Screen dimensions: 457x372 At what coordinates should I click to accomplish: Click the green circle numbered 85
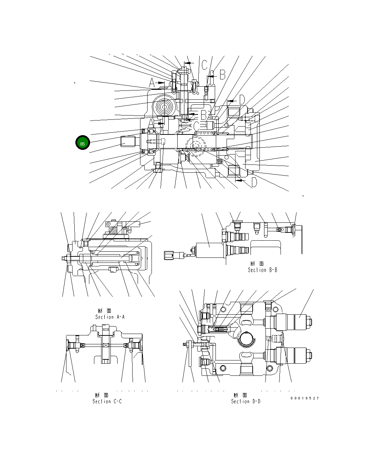(x=83, y=143)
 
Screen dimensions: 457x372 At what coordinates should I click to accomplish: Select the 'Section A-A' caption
(x=110, y=317)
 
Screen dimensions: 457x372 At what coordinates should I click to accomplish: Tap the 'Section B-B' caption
(x=263, y=270)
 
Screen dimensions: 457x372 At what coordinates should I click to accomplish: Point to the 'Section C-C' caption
(x=107, y=401)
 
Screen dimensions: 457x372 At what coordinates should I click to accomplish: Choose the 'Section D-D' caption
(x=246, y=401)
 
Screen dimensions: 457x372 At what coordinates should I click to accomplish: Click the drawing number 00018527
(x=304, y=398)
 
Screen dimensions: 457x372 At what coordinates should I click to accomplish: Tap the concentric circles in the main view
(x=165, y=107)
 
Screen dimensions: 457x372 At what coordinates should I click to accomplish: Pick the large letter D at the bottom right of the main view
(x=254, y=182)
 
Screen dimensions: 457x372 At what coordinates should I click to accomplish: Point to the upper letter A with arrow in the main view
(x=152, y=83)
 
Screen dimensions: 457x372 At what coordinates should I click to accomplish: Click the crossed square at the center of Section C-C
(x=106, y=345)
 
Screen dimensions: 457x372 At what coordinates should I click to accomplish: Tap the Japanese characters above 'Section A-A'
(x=106, y=311)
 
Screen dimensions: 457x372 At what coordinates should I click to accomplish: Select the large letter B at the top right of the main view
(x=222, y=75)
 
